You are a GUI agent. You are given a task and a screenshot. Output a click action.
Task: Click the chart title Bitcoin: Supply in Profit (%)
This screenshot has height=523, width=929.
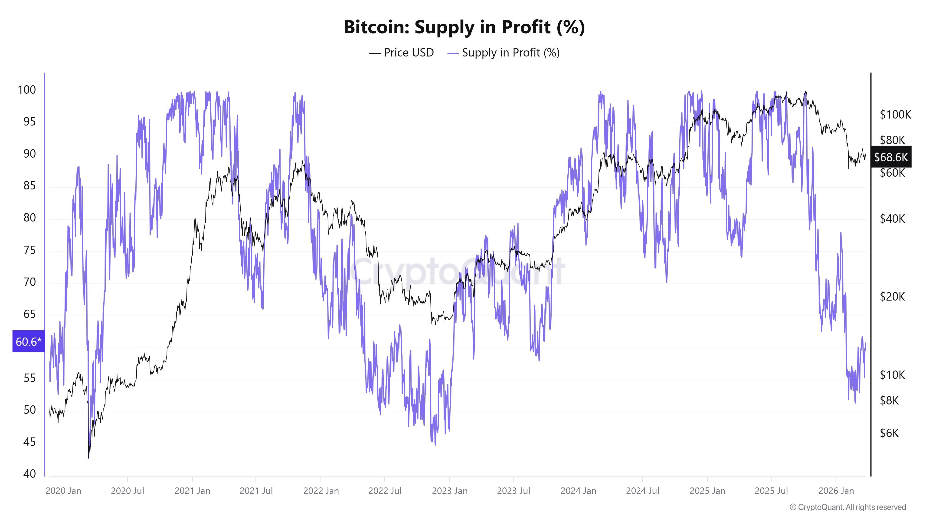(464, 27)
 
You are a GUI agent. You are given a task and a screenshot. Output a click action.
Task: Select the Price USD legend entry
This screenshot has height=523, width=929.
(401, 53)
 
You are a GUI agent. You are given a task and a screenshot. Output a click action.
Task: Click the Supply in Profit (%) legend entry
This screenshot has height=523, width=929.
(504, 53)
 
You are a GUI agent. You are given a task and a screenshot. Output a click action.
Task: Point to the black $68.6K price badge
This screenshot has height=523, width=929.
(890, 157)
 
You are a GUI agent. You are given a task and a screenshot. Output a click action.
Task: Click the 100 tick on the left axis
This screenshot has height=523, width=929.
(27, 90)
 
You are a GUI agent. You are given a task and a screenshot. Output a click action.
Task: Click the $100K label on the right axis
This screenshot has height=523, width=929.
(895, 115)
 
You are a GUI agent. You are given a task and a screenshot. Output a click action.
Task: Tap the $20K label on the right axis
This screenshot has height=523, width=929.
(892, 297)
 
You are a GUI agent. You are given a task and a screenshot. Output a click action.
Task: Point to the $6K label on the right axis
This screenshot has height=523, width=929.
(889, 433)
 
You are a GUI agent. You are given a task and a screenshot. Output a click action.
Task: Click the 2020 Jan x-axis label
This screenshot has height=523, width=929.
(63, 491)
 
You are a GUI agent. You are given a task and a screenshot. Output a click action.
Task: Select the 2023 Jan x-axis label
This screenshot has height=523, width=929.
(450, 491)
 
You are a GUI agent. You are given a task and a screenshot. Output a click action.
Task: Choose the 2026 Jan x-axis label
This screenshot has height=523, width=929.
(836, 491)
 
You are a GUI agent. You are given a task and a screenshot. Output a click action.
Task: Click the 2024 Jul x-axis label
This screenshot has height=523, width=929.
(642, 491)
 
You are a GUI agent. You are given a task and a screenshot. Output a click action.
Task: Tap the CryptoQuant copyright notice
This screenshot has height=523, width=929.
(847, 507)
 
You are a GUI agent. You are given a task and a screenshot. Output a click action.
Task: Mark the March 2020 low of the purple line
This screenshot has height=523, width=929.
(88, 458)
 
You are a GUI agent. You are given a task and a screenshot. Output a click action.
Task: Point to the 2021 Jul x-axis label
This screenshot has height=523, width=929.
(256, 491)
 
